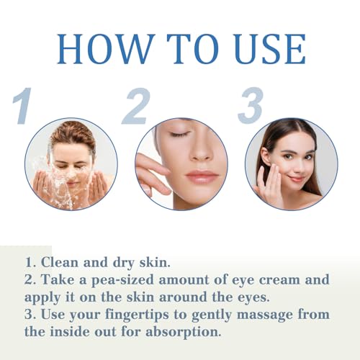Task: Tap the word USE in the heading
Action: tap(265, 48)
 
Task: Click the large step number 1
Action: tap(24, 106)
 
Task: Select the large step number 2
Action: tap(135, 106)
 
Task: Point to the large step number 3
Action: tap(250, 106)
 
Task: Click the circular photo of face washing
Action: tap(71, 164)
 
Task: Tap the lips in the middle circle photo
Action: tap(202, 175)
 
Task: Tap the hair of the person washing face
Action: tap(72, 132)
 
